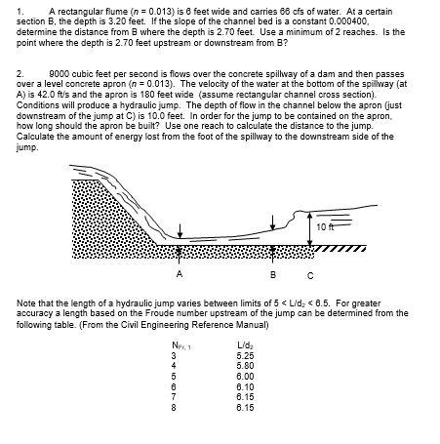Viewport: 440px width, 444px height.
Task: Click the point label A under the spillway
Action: pyautogui.click(x=179, y=273)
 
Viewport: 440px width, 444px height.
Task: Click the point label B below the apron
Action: pyautogui.click(x=274, y=273)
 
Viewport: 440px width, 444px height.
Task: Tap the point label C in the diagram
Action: pyautogui.click(x=309, y=273)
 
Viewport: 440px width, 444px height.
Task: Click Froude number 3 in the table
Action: pyautogui.click(x=174, y=355)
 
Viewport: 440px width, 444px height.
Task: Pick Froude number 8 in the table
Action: pyautogui.click(x=174, y=405)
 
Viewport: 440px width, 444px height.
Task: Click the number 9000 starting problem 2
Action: pyautogui.click(x=58, y=73)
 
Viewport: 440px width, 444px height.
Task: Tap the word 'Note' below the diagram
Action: pyautogui.click(x=25, y=304)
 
